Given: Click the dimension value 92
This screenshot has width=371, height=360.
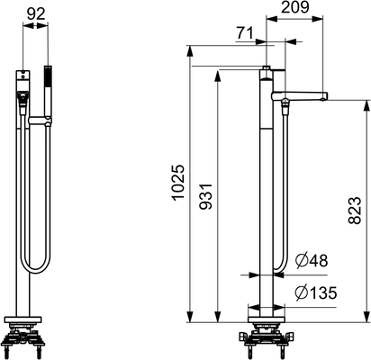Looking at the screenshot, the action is click(x=36, y=14).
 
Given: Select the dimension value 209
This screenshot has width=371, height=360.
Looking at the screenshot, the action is click(x=294, y=7).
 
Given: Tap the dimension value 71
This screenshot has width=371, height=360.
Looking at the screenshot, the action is click(x=245, y=32).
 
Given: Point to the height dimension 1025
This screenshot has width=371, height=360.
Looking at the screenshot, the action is click(x=178, y=182).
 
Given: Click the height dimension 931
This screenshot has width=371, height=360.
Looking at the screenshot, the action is click(x=206, y=196).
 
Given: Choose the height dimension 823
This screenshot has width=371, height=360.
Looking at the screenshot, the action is click(x=355, y=211).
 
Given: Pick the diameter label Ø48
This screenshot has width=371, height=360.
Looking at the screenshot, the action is click(x=311, y=260).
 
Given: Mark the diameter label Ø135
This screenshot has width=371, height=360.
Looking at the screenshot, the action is click(x=315, y=292).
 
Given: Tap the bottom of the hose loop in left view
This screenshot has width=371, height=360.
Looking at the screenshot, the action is click(x=35, y=272).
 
